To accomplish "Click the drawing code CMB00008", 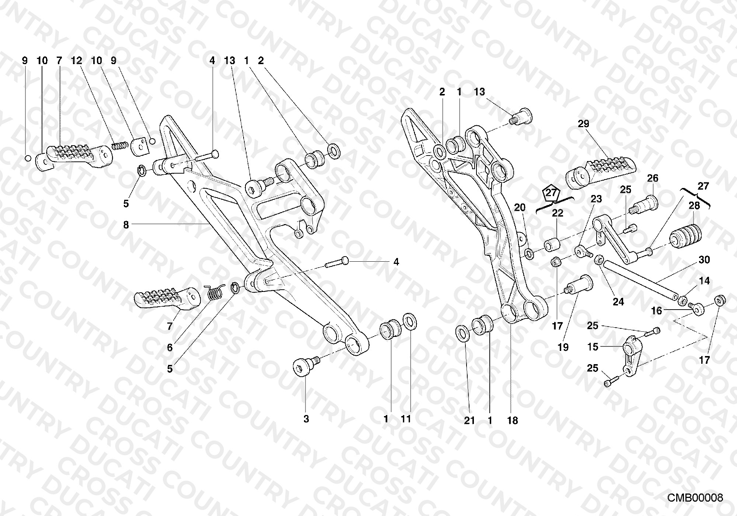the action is tap(695, 498).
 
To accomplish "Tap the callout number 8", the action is tap(126, 224).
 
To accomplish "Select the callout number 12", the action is tap(76, 60).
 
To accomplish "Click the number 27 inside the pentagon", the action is tap(551, 192).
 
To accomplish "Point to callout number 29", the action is tap(584, 124).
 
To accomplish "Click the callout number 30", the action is tap(704, 260).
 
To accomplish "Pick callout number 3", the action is tap(306, 419).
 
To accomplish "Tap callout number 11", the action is tap(406, 419).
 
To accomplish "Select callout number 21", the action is tap(469, 420).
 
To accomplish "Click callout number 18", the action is tap(513, 420).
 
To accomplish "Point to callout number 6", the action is tap(170, 348).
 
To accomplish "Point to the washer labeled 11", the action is tap(410, 321).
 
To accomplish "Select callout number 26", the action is tap(653, 179).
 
